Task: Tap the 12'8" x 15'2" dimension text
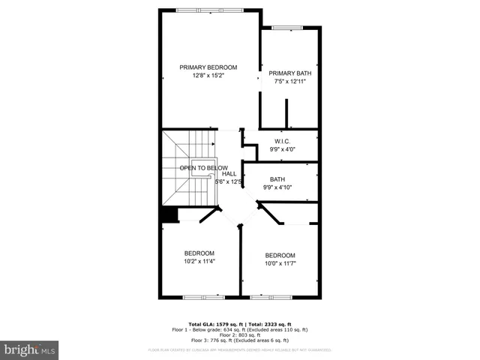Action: (208, 76)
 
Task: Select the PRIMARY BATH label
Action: (289, 73)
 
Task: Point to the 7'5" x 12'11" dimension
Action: (289, 82)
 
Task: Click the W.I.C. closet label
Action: (282, 141)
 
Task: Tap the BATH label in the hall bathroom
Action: (277, 179)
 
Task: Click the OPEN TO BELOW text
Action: (204, 168)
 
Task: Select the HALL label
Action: (229, 173)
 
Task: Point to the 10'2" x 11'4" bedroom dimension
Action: (199, 262)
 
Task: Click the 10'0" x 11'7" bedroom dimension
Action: (280, 263)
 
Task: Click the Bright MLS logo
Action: (30, 349)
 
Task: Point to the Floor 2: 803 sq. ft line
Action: (239, 334)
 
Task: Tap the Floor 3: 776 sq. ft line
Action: (239, 340)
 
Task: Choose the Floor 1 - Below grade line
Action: (239, 329)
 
